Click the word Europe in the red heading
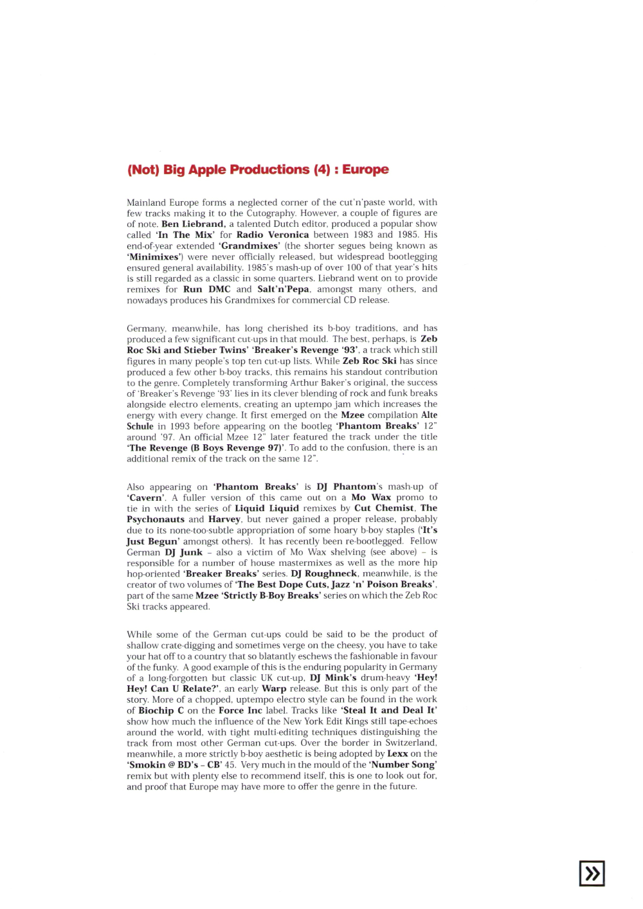pyautogui.click(x=365, y=170)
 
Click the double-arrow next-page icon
pyautogui.click(x=592, y=873)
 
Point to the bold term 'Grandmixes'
pyautogui.click(x=249, y=246)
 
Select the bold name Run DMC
pyautogui.click(x=206, y=289)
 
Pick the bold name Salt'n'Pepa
pyautogui.click(x=284, y=289)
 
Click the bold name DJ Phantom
pyautogui.click(x=346, y=487)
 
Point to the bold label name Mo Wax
pyautogui.click(x=371, y=498)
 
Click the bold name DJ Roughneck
pyautogui.click(x=323, y=573)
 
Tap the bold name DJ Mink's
pyautogui.click(x=332, y=678)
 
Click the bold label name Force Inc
pyautogui.click(x=240, y=710)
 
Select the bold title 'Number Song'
pyautogui.click(x=403, y=765)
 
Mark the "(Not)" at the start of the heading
pyautogui.click(x=143, y=170)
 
